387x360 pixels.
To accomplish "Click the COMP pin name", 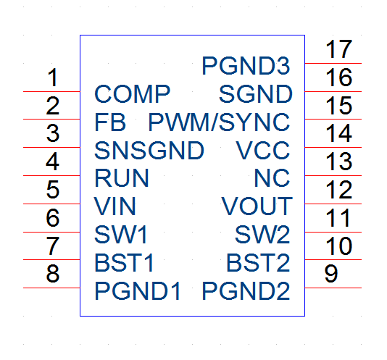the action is point(133,94).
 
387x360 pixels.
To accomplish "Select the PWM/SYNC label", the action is point(219,122).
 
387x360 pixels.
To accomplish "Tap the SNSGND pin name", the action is point(149,150).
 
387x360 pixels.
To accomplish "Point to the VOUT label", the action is point(257,206).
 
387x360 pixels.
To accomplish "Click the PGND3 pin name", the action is point(246,66).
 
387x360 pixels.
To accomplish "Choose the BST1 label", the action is point(124,263).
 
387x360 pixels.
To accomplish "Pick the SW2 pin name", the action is point(262,235).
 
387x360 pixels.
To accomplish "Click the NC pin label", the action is point(272,178).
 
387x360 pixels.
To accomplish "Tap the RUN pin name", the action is point(122,178).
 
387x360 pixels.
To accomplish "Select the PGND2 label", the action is point(246,291).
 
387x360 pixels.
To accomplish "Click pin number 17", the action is point(338,49).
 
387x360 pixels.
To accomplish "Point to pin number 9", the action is point(331,273).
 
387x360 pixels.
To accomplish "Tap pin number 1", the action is point(53,78).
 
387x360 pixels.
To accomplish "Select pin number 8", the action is point(53,273).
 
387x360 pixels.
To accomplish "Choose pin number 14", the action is point(338,133).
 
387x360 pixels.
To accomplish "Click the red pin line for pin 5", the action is point(51,204).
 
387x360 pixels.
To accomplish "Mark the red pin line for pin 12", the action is point(333,204).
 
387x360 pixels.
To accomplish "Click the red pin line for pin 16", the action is point(333,91).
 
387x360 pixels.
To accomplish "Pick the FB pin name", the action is point(110,122).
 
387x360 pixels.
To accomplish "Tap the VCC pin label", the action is point(262,150).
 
